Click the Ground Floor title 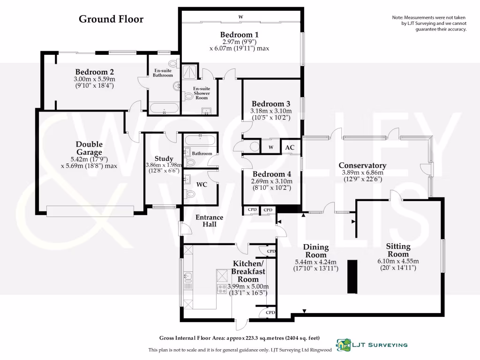(111, 19)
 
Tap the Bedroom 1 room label (240, 35)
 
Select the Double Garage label (89, 148)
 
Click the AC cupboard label (290, 147)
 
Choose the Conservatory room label (362, 165)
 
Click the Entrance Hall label (209, 221)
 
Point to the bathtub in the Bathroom (200, 140)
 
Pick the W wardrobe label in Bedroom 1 (240, 17)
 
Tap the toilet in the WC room (190, 194)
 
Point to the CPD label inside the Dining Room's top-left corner (271, 251)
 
